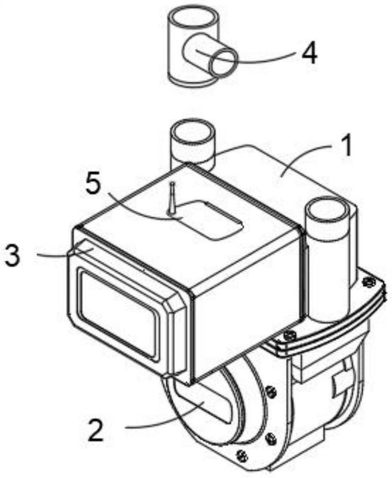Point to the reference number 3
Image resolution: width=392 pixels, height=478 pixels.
[x=14, y=254]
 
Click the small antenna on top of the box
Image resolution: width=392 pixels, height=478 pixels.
[x=171, y=197]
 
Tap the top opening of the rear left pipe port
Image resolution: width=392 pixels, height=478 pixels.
[x=192, y=131]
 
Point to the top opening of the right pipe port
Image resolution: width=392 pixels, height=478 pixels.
[x=327, y=211]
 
